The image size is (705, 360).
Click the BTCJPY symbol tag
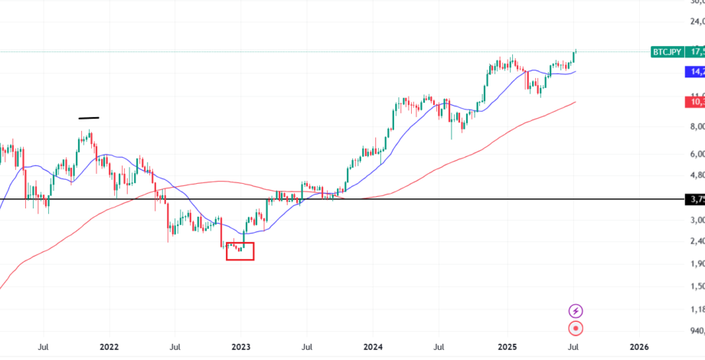[667, 52]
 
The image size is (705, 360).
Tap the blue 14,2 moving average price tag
[695, 72]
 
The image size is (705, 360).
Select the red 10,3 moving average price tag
[695, 102]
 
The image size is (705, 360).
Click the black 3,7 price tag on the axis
[695, 199]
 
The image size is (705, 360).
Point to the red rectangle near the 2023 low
[240, 250]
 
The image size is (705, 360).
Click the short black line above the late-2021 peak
[89, 118]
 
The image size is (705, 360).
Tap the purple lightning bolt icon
[576, 310]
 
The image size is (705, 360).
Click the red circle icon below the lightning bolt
[576, 329]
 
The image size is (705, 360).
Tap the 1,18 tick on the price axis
[697, 309]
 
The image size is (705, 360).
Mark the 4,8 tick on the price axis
[697, 175]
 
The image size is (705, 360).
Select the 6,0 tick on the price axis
[697, 154]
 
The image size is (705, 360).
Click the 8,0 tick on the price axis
[697, 126]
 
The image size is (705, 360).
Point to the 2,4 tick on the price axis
[697, 241]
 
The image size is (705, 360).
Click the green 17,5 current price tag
[695, 52]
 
